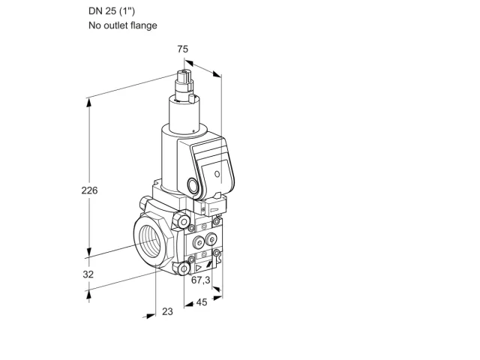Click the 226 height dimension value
[89, 190]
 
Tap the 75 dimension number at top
[183, 49]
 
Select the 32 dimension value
[88, 274]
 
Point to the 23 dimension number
[167, 312]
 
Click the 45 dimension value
[202, 302]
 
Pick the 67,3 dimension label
[201, 280]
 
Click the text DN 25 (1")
[112, 11]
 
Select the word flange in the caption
[143, 25]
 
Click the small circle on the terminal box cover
[217, 174]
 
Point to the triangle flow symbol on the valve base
[199, 268]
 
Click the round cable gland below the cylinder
[193, 185]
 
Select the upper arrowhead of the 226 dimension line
[88, 103]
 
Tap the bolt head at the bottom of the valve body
[183, 268]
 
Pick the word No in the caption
[95, 25]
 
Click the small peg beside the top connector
[192, 98]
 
